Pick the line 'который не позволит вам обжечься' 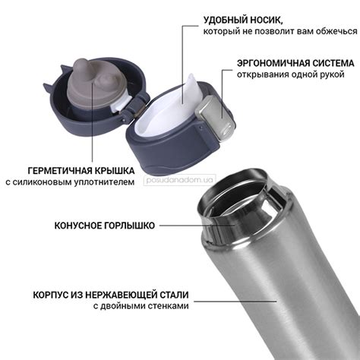tap(280, 31)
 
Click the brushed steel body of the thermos tap(296, 304)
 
